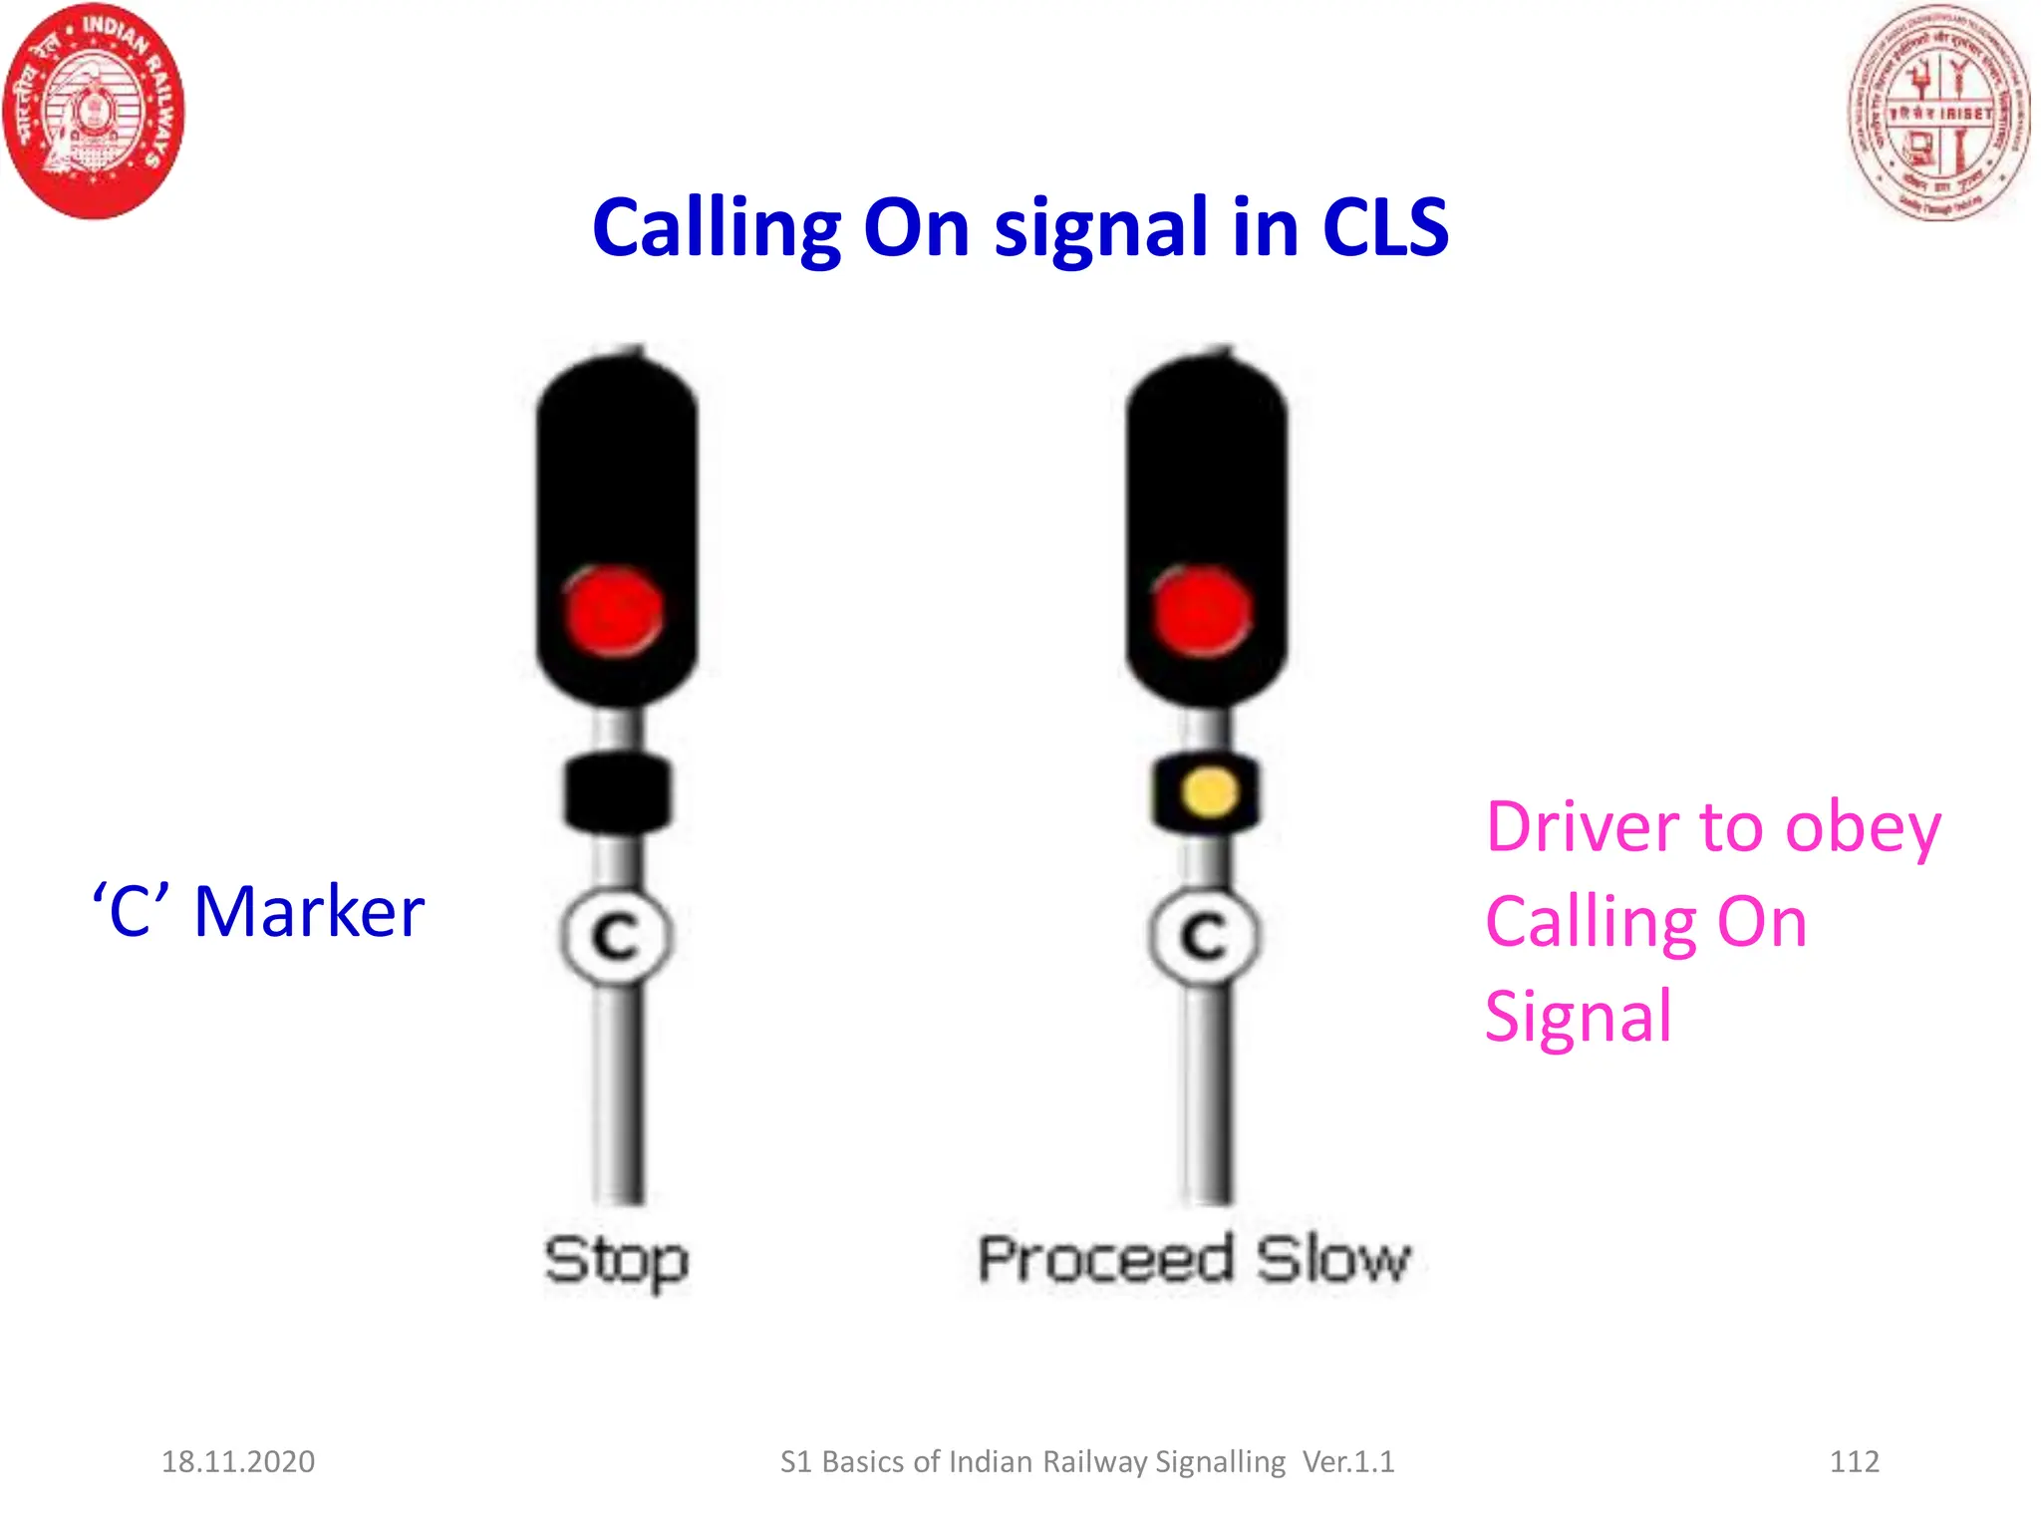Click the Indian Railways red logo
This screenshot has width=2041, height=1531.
click(x=95, y=111)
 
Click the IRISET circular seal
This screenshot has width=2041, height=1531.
click(x=1938, y=113)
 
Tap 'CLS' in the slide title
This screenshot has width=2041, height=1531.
click(x=1384, y=228)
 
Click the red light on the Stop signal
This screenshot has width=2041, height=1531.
click(x=614, y=611)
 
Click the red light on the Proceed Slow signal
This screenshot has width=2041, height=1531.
click(x=1202, y=611)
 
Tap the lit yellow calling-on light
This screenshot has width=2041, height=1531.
click(x=1209, y=793)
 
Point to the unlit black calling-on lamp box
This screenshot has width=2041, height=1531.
click(x=618, y=793)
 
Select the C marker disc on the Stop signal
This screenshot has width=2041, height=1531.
click(x=617, y=936)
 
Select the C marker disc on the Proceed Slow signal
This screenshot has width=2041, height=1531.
click(x=1205, y=936)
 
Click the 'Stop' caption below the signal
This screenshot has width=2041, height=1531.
click(x=617, y=1261)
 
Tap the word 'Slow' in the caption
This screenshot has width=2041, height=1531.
click(x=1333, y=1259)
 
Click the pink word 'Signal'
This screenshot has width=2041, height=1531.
click(x=1579, y=1017)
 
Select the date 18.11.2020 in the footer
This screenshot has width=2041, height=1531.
click(x=238, y=1461)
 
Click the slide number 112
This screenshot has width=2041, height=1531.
click(x=1854, y=1461)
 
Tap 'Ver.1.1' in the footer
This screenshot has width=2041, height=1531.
click(x=1348, y=1461)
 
